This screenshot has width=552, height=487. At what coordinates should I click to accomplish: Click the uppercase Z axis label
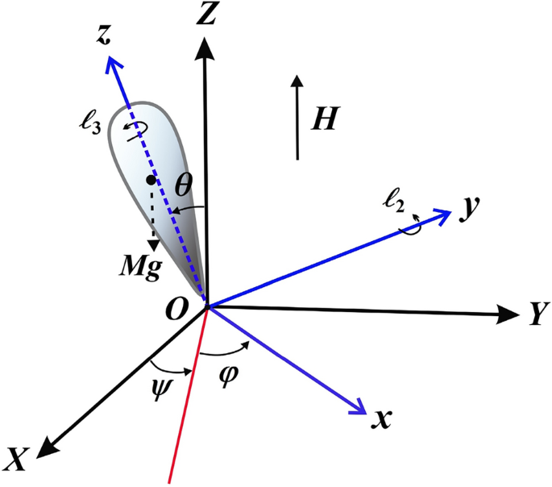tap(207, 15)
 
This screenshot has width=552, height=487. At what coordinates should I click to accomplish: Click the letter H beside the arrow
tap(324, 119)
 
